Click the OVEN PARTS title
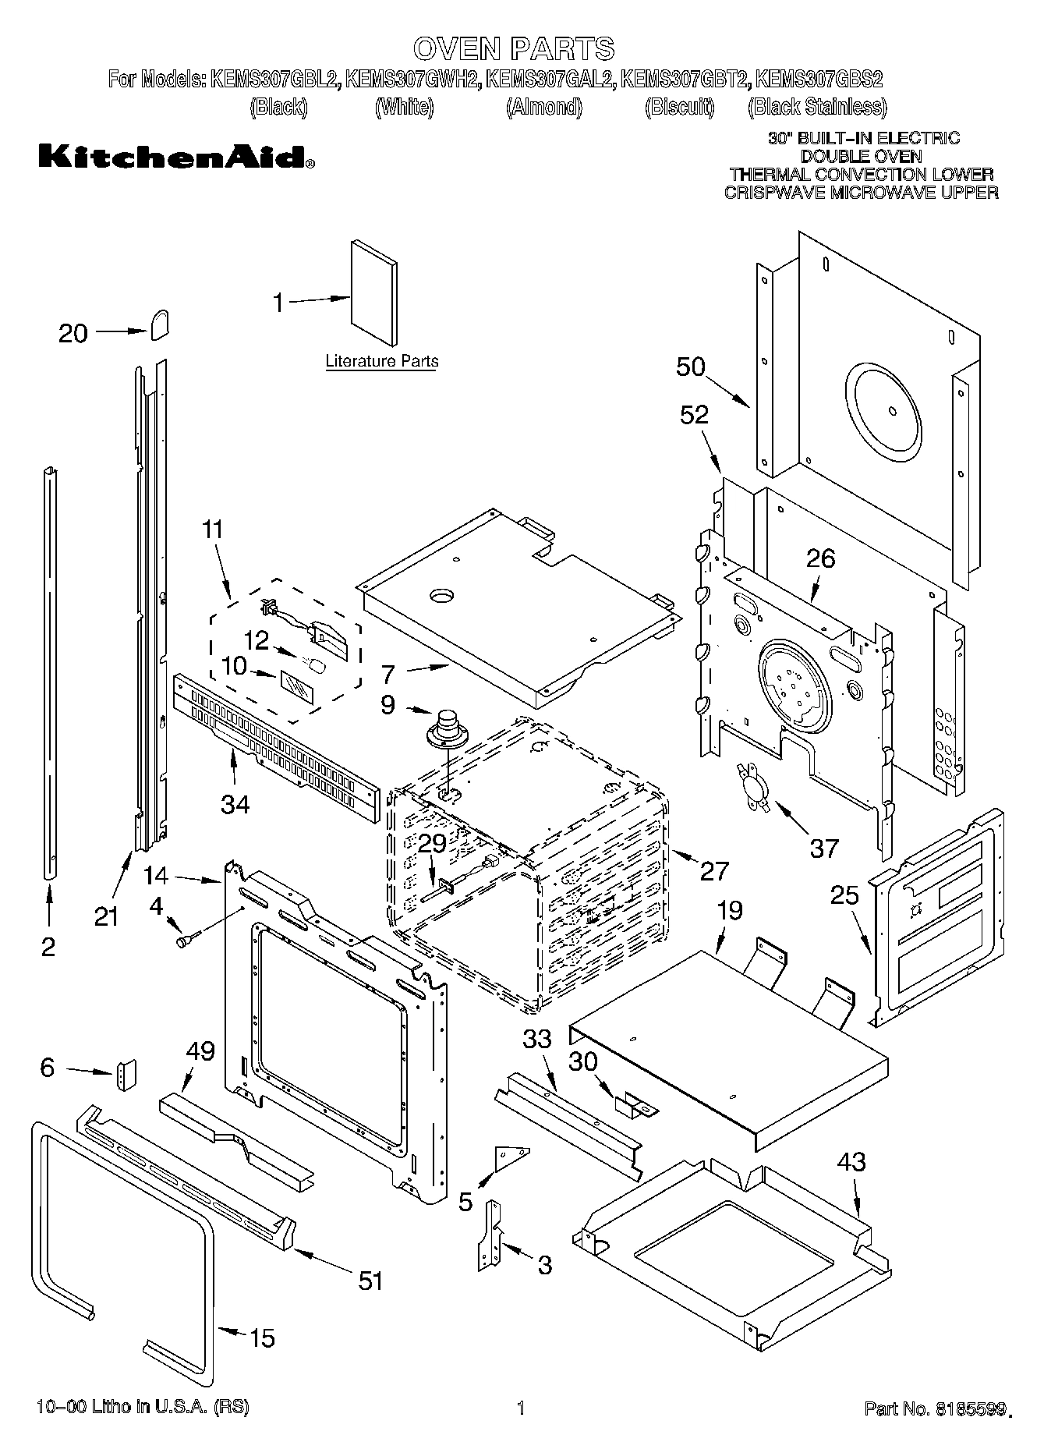point(514,49)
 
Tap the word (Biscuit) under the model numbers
point(679,107)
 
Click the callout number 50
point(690,367)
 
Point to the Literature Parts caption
point(381,361)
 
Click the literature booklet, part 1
point(373,292)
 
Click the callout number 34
point(235,803)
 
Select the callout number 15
point(261,1338)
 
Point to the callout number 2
point(48,947)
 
